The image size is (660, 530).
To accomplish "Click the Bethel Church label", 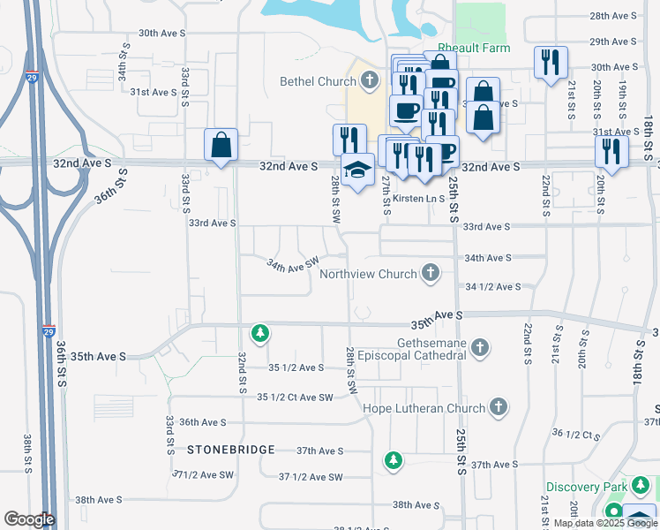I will pos(318,82).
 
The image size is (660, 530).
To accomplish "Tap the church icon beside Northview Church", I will pos(431,273).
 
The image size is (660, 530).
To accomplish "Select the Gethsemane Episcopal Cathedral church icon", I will pos(480,348).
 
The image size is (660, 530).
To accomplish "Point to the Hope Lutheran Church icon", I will pos(499,408).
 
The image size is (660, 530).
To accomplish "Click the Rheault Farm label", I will pos(476,49).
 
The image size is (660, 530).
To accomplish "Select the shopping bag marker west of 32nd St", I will pos(221,145).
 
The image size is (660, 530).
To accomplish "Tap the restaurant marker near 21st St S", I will pos(551,62).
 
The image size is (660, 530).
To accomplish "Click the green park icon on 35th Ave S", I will pos(259,333).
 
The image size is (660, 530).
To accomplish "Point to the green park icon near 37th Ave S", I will pos(394,460).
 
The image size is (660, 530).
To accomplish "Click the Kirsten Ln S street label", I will pos(419,199).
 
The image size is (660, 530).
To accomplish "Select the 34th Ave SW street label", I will pos(293,264).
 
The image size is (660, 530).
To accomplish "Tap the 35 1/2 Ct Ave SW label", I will pos(295,397).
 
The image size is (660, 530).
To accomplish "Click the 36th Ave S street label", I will pos(203,423).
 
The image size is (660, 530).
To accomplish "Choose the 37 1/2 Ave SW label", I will pos(310,477).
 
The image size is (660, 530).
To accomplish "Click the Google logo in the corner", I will pos(28,519).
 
